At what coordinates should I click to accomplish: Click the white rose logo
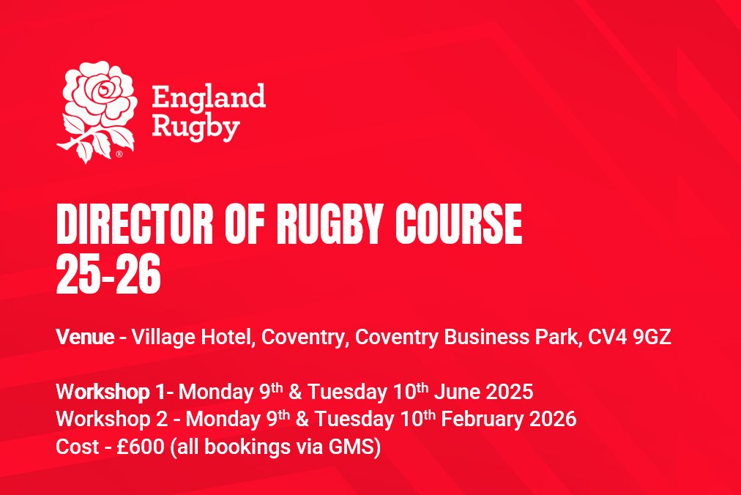[x=100, y=110]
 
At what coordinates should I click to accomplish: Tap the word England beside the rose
[x=208, y=97]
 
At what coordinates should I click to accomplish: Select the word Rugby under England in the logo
[x=196, y=127]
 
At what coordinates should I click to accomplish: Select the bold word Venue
[x=85, y=338]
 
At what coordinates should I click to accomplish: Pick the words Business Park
[x=515, y=338]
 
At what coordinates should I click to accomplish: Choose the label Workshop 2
[x=115, y=420]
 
